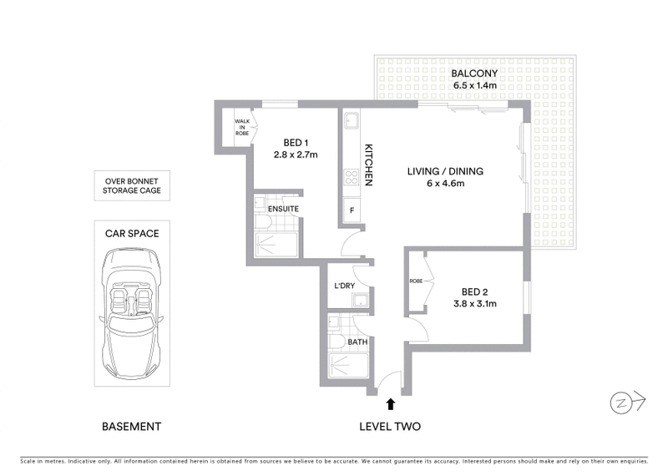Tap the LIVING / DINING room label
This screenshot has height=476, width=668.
[445, 172]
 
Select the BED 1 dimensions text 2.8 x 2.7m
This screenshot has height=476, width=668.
[296, 154]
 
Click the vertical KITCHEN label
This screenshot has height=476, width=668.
[367, 165]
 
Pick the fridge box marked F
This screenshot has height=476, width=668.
[352, 209]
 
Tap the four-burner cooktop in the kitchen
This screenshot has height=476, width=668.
[352, 177]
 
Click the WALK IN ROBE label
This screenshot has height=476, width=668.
[241, 128]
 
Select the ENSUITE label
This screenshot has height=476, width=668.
[283, 209]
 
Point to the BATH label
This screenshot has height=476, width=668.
[357, 342]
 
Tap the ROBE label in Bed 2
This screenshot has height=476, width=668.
[416, 281]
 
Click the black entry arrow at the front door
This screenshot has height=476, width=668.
[390, 404]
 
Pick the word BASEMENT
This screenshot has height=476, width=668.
[131, 427]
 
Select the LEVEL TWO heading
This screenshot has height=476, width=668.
[389, 427]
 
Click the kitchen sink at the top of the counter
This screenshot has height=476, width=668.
[352, 124]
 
